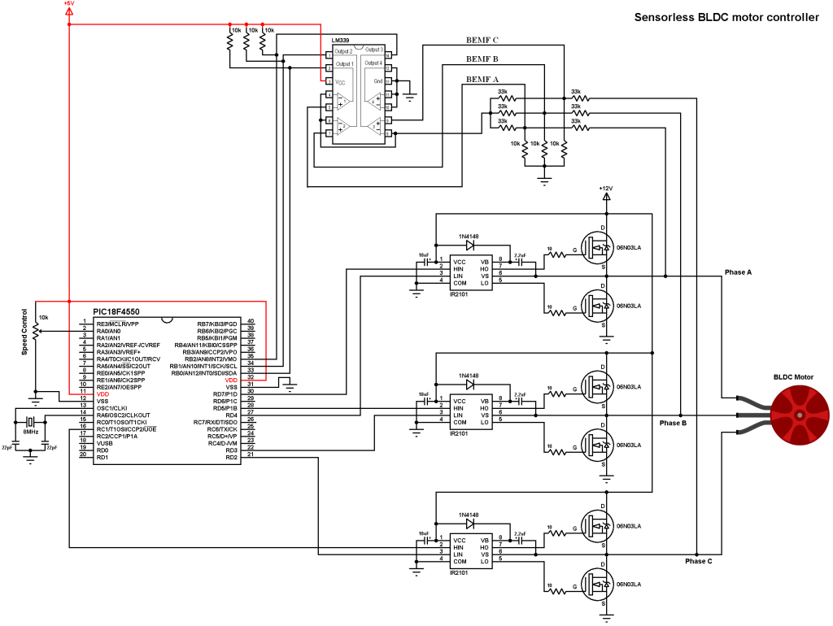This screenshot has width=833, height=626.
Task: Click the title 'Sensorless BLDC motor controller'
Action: [726, 17]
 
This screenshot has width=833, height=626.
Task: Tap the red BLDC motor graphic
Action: [801, 415]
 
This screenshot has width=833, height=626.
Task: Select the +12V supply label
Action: [604, 188]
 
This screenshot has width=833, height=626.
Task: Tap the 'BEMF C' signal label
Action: [482, 40]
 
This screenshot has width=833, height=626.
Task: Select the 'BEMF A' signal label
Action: [482, 80]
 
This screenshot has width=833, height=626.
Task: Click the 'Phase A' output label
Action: [738, 272]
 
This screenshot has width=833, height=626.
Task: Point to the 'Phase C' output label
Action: [698, 561]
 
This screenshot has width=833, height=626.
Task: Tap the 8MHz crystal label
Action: [30, 432]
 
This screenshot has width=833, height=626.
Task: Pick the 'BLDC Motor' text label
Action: [793, 377]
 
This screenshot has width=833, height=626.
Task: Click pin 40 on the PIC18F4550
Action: [251, 323]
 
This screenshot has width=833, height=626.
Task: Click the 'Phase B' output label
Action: [673, 423]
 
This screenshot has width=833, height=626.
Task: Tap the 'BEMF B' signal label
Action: [482, 59]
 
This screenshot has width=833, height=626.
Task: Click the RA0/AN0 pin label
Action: [108, 331]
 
